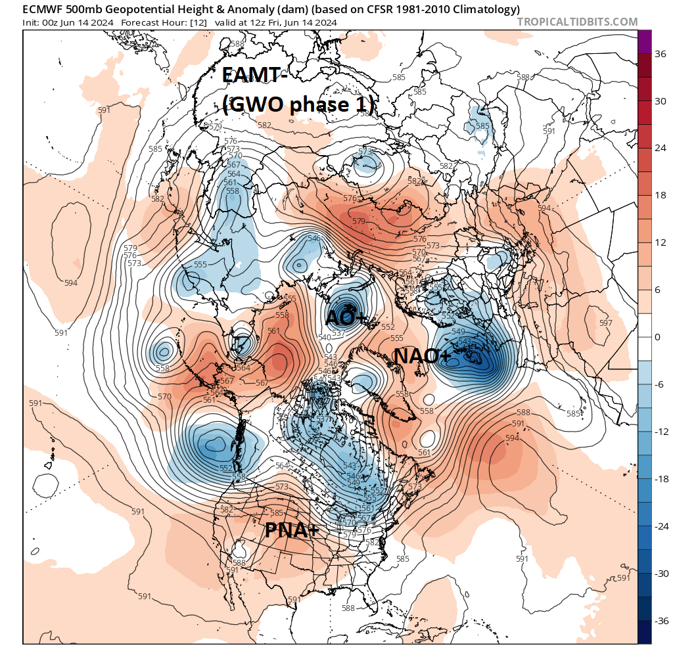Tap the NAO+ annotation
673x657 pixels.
pos(422,356)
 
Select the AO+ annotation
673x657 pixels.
pos(346,318)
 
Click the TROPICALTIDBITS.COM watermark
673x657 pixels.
pos(577,22)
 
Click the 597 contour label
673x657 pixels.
pos(605,323)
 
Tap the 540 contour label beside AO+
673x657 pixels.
pos(324,338)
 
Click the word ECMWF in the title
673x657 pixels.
pos(45,9)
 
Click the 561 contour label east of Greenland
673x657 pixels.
pos(424,452)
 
